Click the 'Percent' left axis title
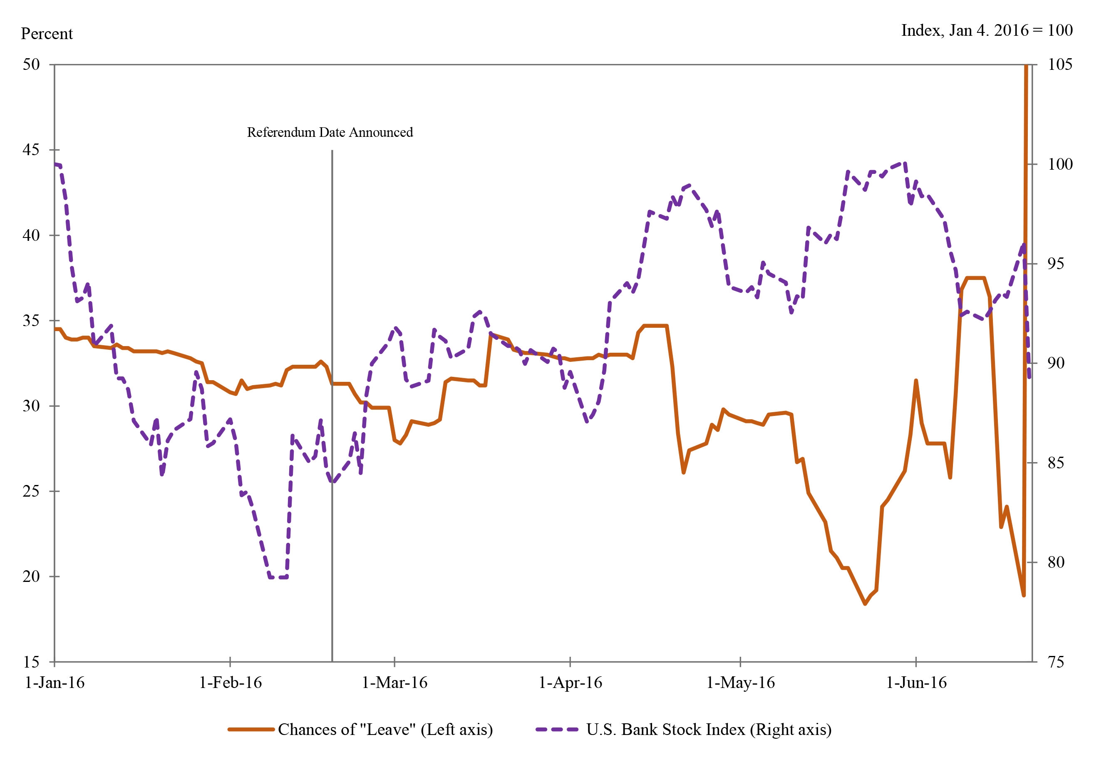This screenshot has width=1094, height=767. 47,34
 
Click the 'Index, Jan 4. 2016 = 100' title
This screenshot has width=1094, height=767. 986,30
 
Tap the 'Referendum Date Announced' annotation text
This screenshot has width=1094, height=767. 330,132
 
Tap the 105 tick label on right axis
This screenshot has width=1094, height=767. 1060,64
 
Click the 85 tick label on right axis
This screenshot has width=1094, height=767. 1056,463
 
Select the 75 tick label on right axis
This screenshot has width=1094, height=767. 1056,662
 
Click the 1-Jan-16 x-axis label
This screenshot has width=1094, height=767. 55,683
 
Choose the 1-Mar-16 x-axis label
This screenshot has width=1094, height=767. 394,683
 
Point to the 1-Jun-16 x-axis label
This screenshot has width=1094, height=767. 916,683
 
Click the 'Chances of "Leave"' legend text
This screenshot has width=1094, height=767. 385,730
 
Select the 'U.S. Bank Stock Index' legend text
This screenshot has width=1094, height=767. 709,730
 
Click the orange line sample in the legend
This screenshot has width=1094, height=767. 251,730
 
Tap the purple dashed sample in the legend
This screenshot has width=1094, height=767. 556,730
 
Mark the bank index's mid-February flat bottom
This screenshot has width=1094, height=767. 278,577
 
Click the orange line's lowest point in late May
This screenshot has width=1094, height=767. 865,604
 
